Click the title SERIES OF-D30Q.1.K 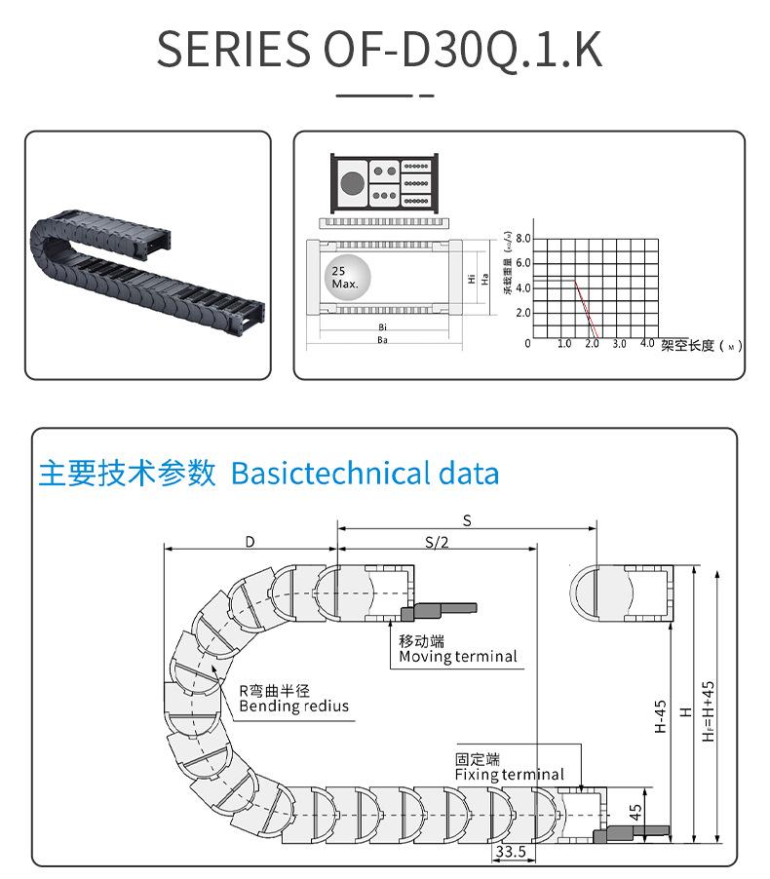(380, 49)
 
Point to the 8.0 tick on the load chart (522, 239)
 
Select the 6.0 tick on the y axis (522, 263)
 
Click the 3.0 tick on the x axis (619, 345)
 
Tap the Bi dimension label (383, 327)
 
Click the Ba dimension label (383, 340)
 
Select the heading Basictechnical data (366, 475)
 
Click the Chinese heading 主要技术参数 (127, 475)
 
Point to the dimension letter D (250, 542)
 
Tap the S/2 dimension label (437, 543)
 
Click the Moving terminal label (458, 657)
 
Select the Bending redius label (293, 706)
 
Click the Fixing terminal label (509, 775)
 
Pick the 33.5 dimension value (510, 851)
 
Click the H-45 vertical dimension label (660, 716)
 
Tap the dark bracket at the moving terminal (439, 610)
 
